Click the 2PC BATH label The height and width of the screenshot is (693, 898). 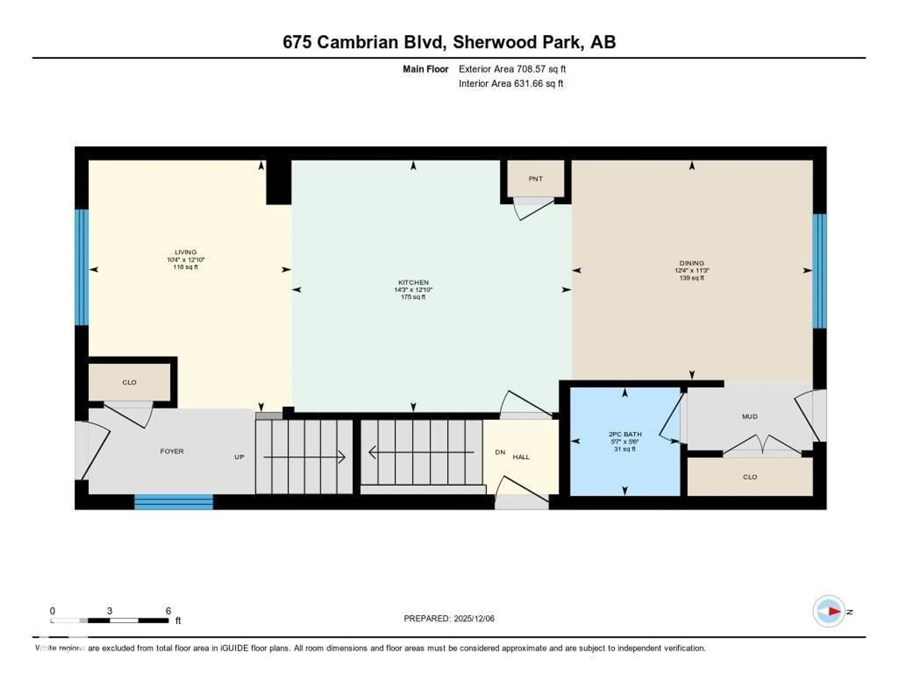coord(625,434)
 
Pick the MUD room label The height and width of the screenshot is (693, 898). coord(750,417)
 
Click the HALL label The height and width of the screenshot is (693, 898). coord(521,457)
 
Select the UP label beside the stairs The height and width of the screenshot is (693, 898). coord(239,457)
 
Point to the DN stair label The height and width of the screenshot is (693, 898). coord(500,452)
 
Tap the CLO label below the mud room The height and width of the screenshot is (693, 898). coord(750,477)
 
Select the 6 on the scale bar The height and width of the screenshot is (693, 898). coord(168,611)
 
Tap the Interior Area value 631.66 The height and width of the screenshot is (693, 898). coord(528,83)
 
